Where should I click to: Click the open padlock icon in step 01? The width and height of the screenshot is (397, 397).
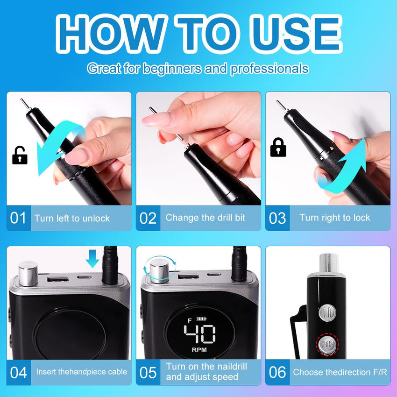(x=20, y=155)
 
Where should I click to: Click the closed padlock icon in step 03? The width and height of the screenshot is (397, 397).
(x=278, y=147)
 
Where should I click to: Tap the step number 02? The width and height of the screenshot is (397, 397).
(x=148, y=218)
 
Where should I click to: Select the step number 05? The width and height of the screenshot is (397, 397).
(x=148, y=373)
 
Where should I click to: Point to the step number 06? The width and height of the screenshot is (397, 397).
(x=277, y=372)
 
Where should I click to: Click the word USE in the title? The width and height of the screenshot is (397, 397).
(x=296, y=34)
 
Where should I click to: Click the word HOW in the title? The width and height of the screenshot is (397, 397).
(x=110, y=34)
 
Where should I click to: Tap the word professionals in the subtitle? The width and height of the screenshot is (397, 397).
(x=269, y=69)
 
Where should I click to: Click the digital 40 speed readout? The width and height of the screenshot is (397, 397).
(x=200, y=333)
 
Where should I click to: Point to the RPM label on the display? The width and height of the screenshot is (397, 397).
(x=199, y=350)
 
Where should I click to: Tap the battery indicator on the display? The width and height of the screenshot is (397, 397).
(x=202, y=319)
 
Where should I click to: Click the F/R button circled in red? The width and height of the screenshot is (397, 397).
(x=327, y=344)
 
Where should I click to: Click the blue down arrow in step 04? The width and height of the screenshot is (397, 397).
(x=92, y=258)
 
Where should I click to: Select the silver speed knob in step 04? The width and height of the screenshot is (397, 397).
(x=28, y=274)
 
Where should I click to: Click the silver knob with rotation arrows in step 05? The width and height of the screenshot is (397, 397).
(x=159, y=270)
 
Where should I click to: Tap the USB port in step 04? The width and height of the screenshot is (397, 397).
(x=58, y=279)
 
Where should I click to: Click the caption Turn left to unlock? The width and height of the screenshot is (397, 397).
(x=72, y=218)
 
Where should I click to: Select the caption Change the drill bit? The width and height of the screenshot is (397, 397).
(x=206, y=218)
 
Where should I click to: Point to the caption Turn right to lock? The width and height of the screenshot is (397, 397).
(x=335, y=218)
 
